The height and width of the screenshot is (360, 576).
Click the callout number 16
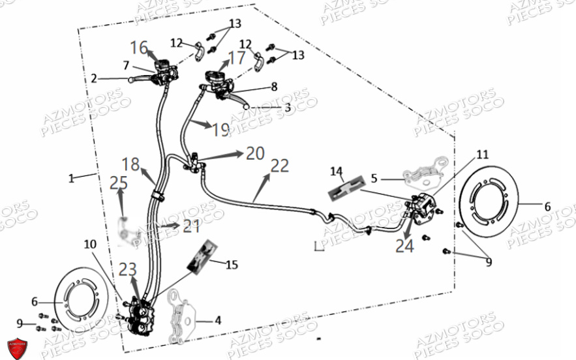[x=139, y=48]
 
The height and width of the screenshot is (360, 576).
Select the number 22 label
[x=279, y=166]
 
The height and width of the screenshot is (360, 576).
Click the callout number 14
[x=336, y=172]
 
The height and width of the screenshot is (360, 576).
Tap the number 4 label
[x=218, y=321]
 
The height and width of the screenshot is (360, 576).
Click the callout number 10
[x=90, y=244]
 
